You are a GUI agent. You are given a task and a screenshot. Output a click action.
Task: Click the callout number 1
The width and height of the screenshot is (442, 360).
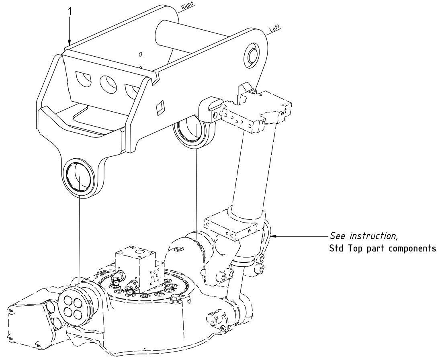[70, 12]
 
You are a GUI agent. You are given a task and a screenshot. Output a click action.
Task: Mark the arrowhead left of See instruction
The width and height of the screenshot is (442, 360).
[274, 236]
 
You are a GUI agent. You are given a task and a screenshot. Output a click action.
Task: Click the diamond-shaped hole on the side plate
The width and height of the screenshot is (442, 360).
[160, 106]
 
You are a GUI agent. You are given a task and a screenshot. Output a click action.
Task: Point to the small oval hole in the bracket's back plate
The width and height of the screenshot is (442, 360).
[140, 54]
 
